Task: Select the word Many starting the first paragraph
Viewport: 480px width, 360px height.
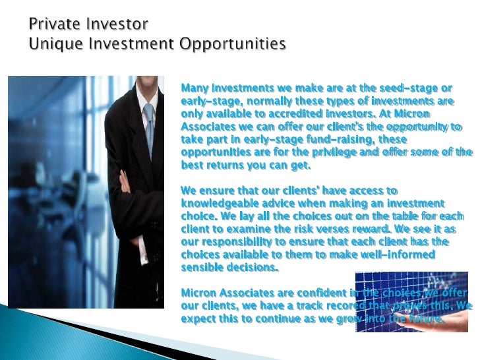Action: [x=195, y=88]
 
